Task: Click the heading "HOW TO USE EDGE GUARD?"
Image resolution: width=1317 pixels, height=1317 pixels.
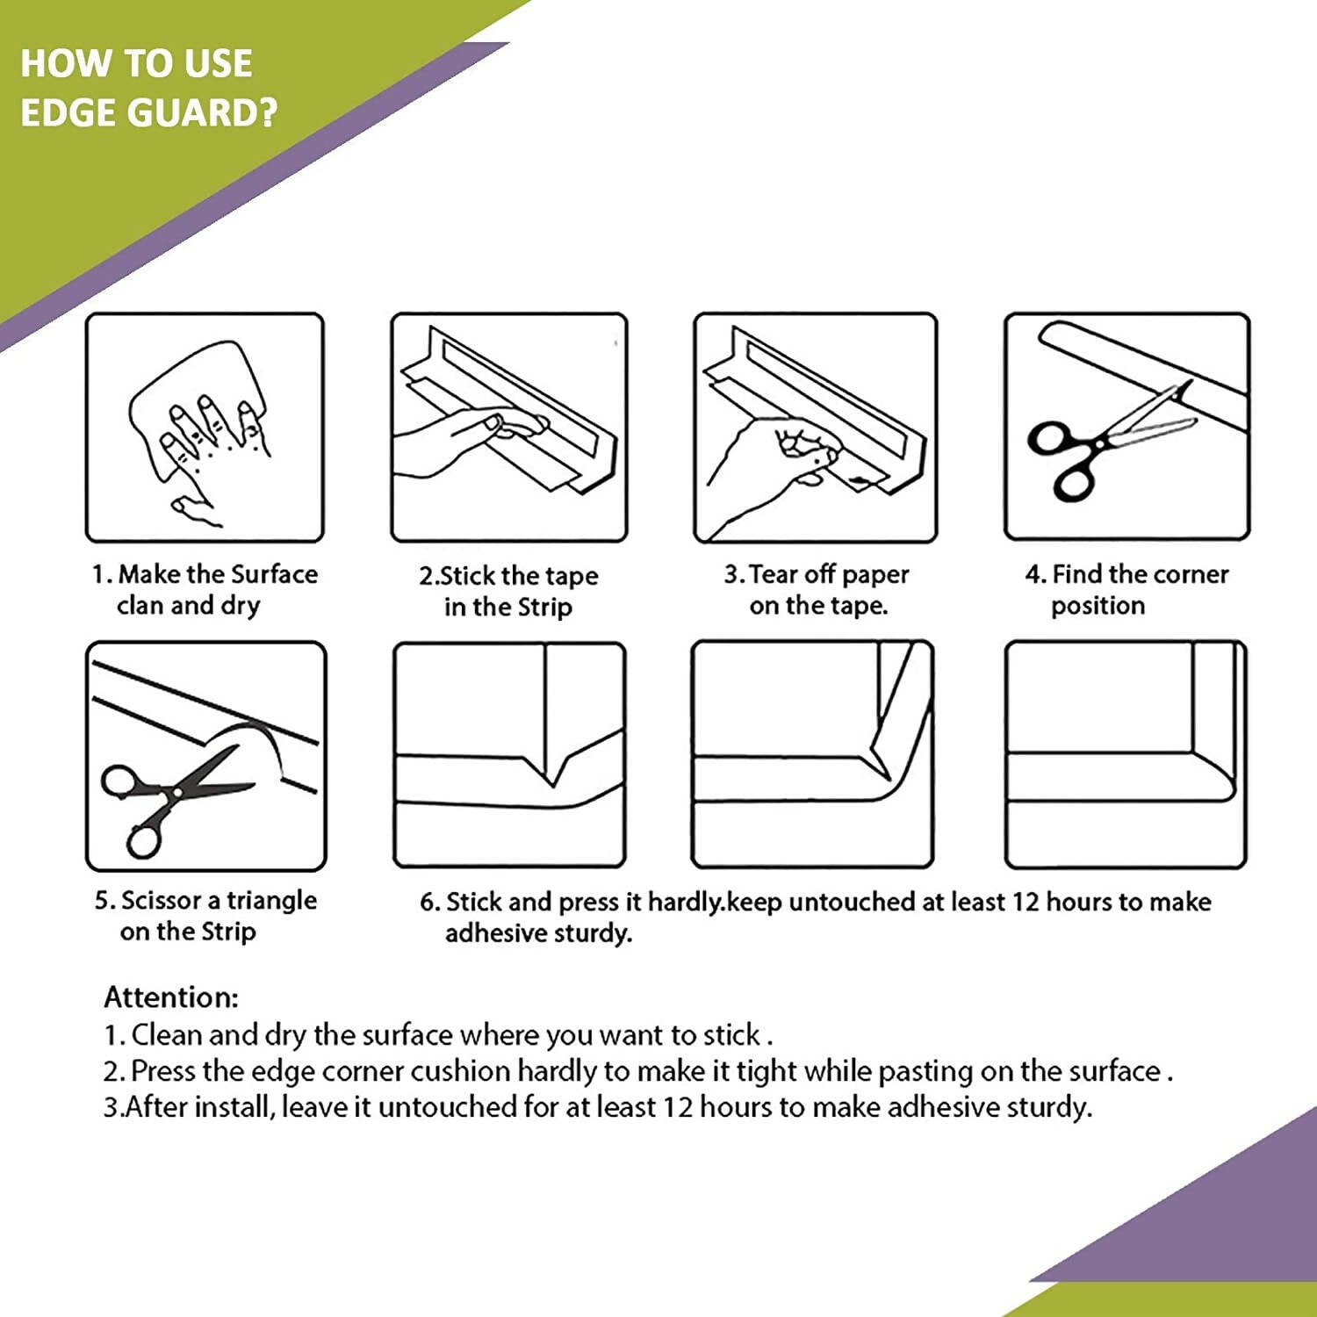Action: click(148, 88)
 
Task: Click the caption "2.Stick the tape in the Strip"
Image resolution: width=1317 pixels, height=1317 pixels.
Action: click(508, 591)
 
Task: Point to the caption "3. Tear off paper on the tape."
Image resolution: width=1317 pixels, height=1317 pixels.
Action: click(817, 590)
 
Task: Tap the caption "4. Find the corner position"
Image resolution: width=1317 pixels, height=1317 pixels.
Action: click(1126, 590)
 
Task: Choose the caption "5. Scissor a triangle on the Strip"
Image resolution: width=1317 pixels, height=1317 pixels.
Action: click(205, 916)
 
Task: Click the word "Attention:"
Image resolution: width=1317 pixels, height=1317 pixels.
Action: click(171, 997)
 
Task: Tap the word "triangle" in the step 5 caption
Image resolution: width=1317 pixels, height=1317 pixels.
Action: click(271, 902)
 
